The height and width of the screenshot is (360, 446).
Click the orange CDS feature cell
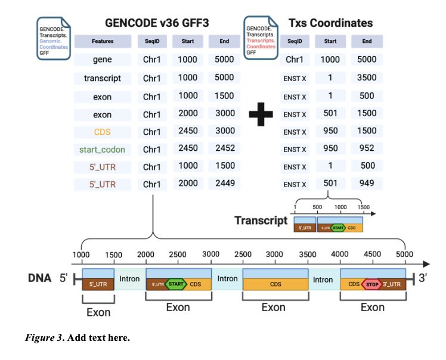(x=103, y=131)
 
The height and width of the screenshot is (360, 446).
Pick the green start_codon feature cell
(x=103, y=148)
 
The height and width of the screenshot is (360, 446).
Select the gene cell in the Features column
(x=103, y=60)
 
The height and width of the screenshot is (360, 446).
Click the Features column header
(x=103, y=42)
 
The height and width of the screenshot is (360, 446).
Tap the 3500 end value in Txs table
(x=367, y=78)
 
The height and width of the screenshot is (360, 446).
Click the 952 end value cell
(x=367, y=148)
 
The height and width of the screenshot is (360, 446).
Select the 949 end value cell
(x=367, y=183)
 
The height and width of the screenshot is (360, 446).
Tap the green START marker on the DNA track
(x=176, y=284)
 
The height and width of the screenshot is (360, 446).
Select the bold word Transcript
(x=261, y=221)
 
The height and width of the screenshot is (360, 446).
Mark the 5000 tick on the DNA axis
(x=405, y=254)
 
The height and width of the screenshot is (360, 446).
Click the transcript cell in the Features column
(x=103, y=78)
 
